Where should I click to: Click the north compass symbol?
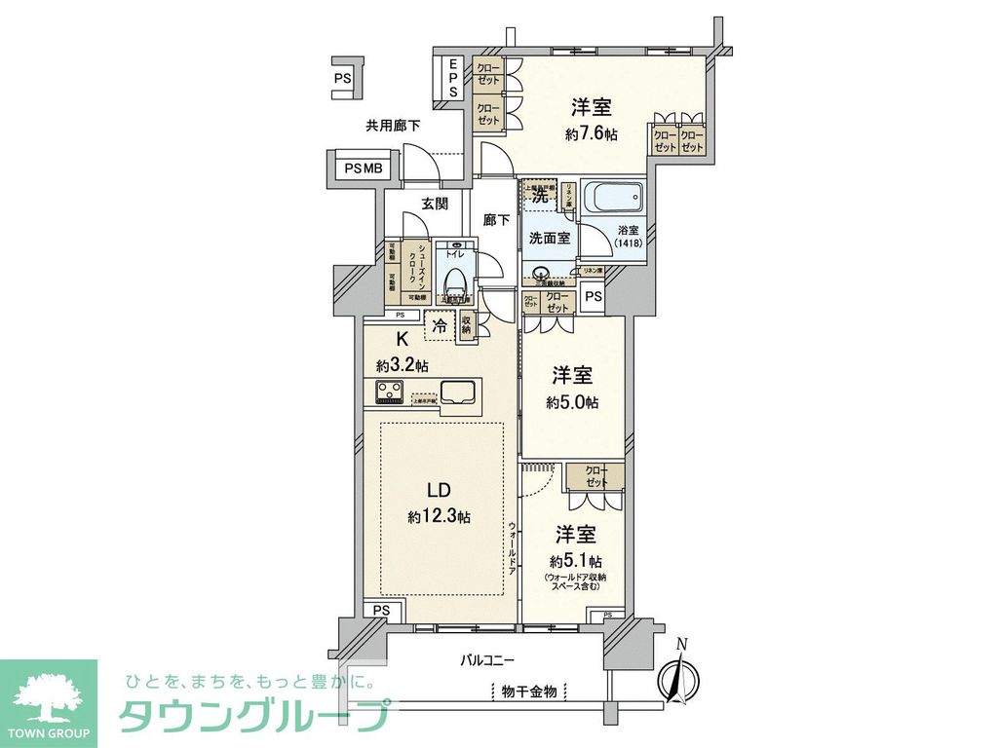point(680,674)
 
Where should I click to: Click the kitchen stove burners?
point(393,393)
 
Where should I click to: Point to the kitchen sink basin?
point(457,393)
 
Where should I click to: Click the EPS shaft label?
point(453,78)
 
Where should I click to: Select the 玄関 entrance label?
point(435,205)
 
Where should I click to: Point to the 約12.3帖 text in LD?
point(439,517)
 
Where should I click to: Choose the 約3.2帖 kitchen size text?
point(403,365)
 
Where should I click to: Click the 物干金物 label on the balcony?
point(529,692)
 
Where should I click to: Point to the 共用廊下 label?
point(393,125)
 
